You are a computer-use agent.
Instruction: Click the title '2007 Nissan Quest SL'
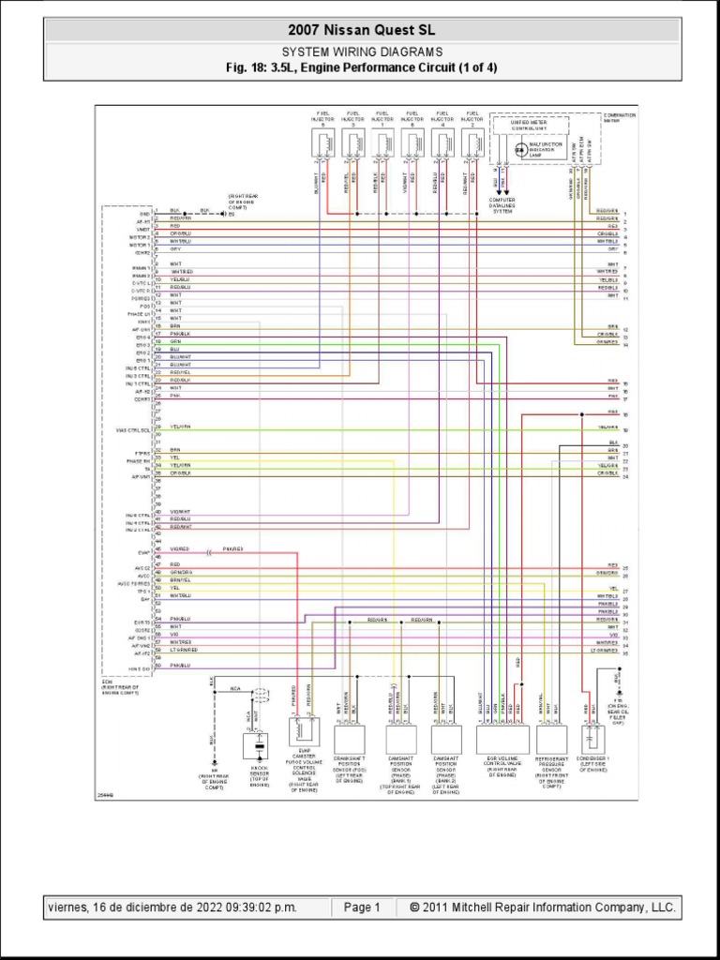click(x=361, y=31)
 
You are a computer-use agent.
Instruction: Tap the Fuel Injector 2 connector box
click(x=473, y=143)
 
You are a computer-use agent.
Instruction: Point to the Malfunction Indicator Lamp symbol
click(x=520, y=148)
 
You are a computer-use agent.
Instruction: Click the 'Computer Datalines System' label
click(x=502, y=205)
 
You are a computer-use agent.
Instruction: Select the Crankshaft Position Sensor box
click(x=349, y=739)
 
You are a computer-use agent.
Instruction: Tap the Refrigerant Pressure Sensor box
click(x=550, y=739)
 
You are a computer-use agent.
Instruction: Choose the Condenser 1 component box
click(x=593, y=738)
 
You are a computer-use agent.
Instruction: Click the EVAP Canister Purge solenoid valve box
click(x=303, y=731)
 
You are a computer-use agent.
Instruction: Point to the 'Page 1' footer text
click(x=362, y=907)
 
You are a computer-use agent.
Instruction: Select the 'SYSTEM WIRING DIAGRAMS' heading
click(x=362, y=52)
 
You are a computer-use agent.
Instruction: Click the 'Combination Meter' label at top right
click(x=619, y=117)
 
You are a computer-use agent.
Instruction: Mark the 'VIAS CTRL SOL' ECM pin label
click(x=133, y=430)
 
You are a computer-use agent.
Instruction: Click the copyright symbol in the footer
click(x=415, y=907)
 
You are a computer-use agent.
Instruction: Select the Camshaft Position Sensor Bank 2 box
click(x=446, y=739)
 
